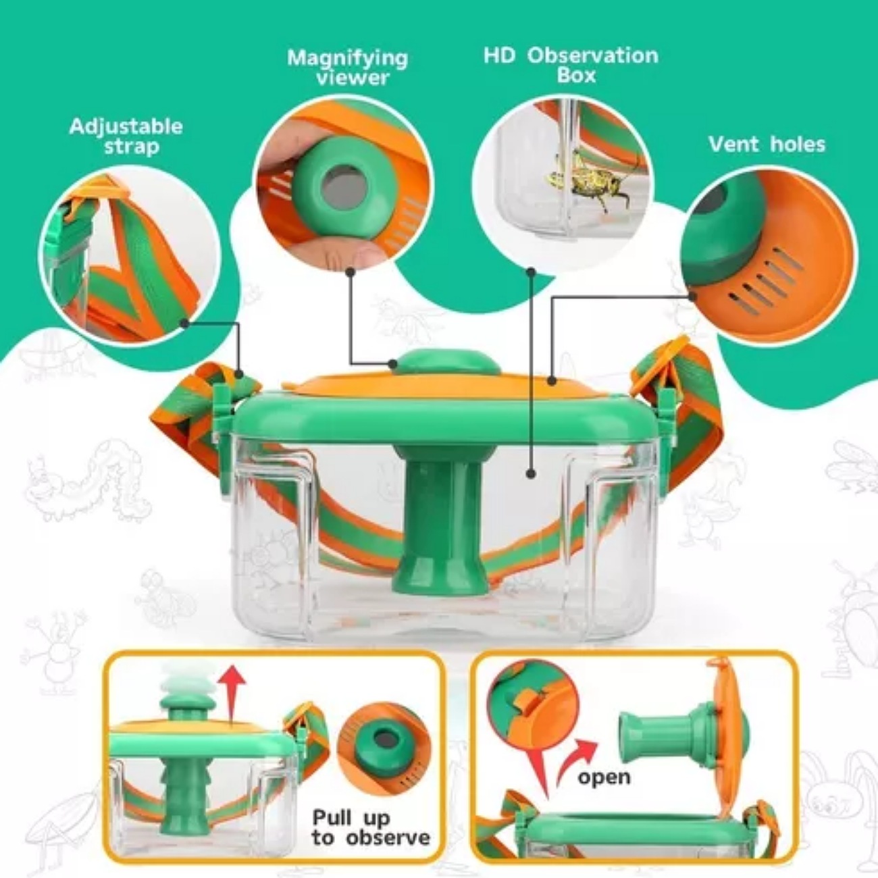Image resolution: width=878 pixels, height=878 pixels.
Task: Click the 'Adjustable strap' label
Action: tap(126, 136)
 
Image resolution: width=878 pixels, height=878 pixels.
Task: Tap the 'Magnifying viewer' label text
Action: tap(348, 68)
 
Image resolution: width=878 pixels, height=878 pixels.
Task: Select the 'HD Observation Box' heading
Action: tap(571, 65)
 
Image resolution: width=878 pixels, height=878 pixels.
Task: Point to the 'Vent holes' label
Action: tap(767, 144)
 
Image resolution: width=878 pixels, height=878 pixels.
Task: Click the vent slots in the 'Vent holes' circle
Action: tap(767, 282)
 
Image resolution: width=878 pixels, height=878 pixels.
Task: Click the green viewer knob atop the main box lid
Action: tap(448, 361)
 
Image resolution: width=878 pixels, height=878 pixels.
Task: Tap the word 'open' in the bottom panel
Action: tap(604, 777)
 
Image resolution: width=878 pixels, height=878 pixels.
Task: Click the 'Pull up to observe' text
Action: tap(370, 828)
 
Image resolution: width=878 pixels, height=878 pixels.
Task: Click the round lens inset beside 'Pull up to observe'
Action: tap(384, 743)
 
